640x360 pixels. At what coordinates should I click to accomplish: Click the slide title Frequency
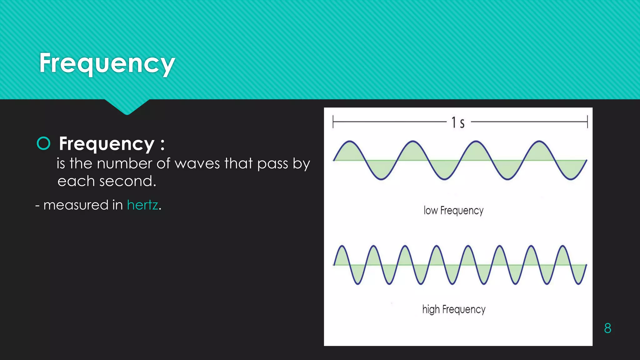point(107,63)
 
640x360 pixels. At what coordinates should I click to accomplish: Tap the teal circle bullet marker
point(43,143)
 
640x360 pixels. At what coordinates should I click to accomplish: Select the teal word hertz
point(142,205)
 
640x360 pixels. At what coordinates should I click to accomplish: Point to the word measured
point(76,205)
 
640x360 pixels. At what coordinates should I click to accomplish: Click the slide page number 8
point(607,328)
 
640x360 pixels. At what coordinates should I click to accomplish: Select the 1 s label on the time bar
point(458,122)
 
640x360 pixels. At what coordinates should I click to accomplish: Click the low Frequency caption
point(453,211)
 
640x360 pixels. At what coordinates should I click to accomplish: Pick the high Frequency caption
point(454,309)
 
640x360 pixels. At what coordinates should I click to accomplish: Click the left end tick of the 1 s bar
point(333,122)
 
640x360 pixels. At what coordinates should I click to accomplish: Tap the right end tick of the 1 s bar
point(587,122)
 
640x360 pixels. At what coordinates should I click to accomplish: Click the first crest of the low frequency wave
point(349,142)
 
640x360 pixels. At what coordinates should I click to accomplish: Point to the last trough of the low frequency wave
point(571,179)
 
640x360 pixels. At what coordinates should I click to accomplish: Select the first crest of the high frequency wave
point(342,246)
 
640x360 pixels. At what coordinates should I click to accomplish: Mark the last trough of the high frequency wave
point(579,284)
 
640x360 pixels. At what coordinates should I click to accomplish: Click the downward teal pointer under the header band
point(127,107)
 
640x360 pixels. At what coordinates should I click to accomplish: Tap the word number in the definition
point(125,163)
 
